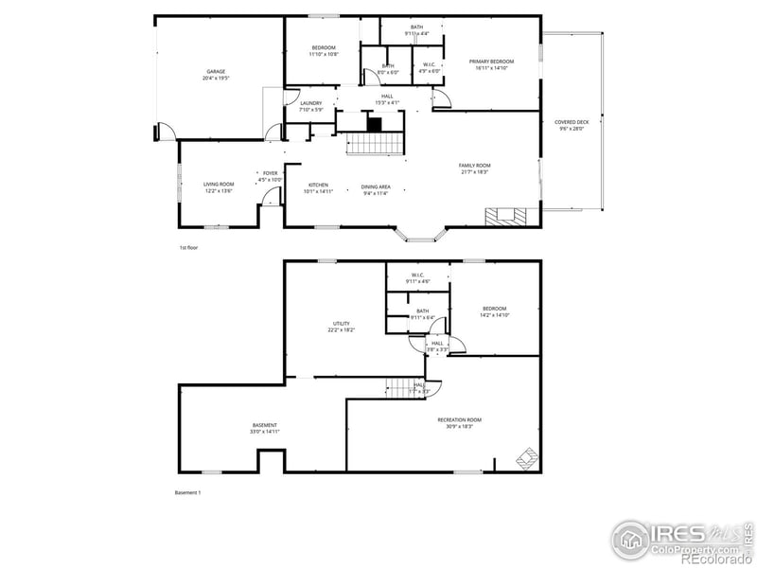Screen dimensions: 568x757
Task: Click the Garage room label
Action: (217, 71)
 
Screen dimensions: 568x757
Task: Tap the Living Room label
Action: (219, 184)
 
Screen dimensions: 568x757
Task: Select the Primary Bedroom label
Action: (491, 62)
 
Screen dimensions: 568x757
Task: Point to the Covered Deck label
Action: (571, 122)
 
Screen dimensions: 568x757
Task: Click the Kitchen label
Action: (318, 185)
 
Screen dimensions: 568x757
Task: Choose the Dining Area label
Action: (376, 186)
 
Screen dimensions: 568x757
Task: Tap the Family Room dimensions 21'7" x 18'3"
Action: (474, 171)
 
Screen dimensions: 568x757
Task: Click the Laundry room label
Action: (310, 103)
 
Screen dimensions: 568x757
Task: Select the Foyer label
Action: (271, 173)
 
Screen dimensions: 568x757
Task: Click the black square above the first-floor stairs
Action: (374, 124)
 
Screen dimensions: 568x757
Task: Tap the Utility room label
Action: (341, 324)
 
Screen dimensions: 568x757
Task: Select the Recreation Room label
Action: (460, 419)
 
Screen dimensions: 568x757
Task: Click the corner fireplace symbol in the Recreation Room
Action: (525, 460)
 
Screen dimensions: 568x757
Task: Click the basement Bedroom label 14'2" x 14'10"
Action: (494, 309)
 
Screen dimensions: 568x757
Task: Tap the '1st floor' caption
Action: (188, 247)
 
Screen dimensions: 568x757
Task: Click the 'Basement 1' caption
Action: (188, 492)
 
